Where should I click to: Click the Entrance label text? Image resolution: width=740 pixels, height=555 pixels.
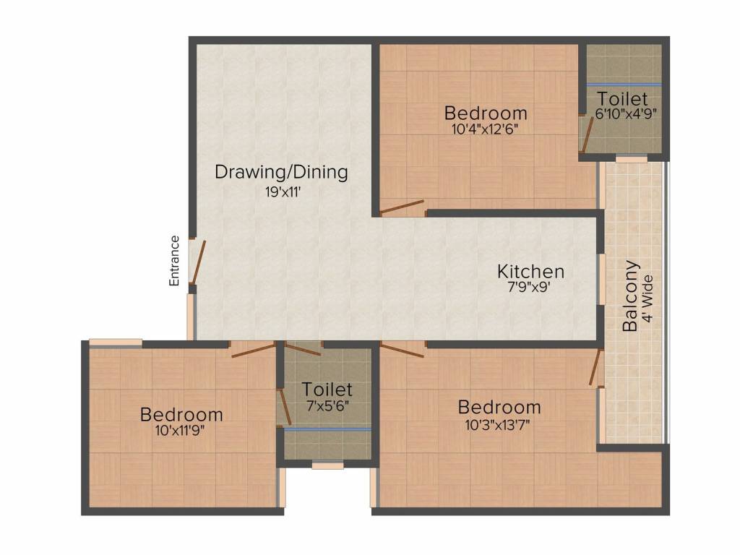click(174, 261)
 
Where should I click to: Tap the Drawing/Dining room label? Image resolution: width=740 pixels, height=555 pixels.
click(281, 173)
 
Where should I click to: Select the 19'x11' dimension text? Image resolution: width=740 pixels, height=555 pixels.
click(282, 193)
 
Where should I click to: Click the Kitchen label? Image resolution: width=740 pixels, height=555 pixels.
click(530, 272)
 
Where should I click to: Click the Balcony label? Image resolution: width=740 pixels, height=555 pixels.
click(630, 296)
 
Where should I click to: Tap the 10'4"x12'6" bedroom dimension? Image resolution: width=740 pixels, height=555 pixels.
click(486, 129)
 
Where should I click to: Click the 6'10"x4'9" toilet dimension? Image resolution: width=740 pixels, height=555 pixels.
click(626, 113)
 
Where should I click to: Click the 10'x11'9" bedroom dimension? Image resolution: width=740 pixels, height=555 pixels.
click(181, 431)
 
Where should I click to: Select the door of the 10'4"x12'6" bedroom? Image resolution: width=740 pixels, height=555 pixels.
click(402, 208)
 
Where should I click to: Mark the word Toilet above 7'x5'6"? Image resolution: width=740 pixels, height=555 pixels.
click(327, 390)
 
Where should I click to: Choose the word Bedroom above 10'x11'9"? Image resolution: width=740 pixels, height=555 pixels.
click(181, 415)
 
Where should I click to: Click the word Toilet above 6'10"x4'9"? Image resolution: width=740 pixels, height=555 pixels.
click(622, 98)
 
